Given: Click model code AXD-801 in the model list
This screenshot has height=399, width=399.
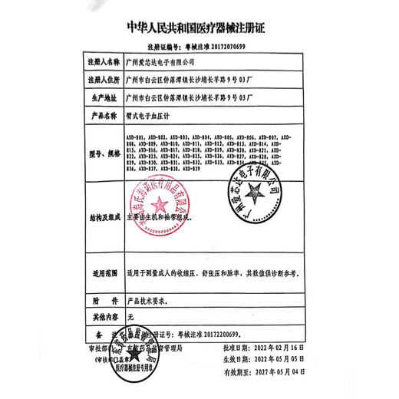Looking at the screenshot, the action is pos(135,136).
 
